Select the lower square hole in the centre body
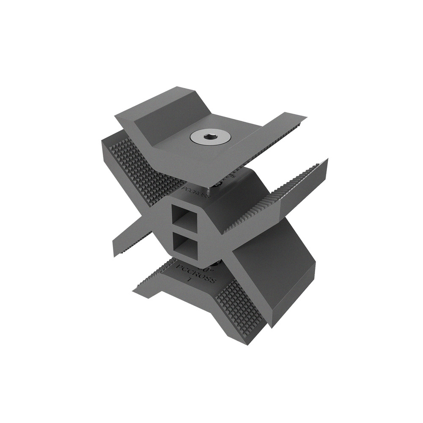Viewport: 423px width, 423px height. tap(184, 244)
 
